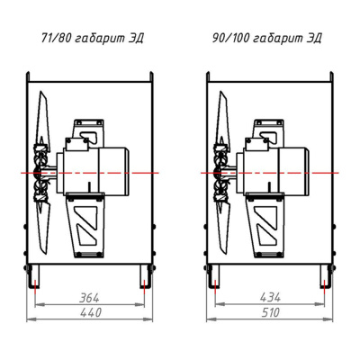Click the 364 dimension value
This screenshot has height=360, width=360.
click(89, 298)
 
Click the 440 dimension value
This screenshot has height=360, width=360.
click(91, 312)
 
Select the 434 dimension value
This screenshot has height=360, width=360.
click(270, 297)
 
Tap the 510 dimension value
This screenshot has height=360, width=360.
click(270, 312)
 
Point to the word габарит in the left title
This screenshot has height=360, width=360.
click(99, 39)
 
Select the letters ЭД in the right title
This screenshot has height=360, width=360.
click(314, 39)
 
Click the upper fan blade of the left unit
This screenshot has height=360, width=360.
click(42, 117)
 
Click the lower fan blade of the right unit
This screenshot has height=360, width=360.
click(222, 228)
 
